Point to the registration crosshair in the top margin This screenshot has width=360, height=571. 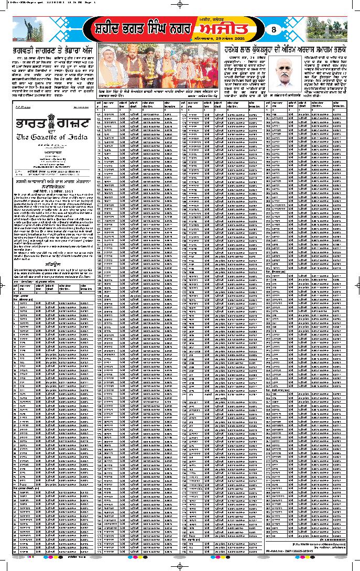tap(180, 4)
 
